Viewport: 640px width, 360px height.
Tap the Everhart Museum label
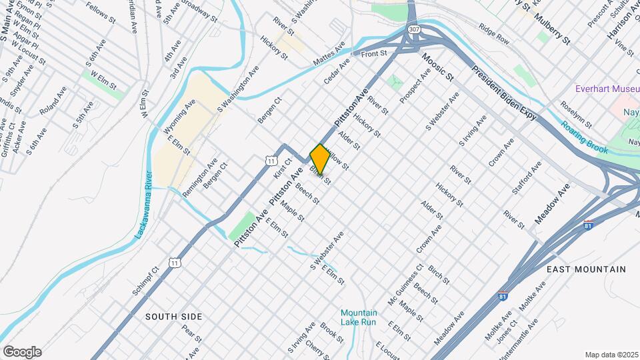pos(608,89)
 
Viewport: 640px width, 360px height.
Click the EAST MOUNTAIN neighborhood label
pos(586,269)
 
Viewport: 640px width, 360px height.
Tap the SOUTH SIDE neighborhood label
pos(173,316)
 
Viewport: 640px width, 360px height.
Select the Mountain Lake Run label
pos(359,317)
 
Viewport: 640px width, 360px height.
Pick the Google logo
pos(22,351)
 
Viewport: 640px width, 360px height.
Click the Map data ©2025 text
pos(611,355)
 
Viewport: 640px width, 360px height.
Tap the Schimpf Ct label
pos(145,282)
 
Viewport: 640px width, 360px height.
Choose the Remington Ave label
pos(200,176)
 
